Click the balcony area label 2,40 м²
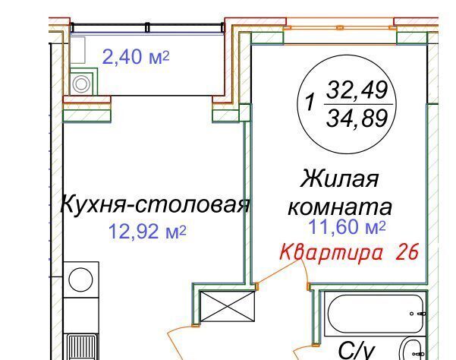point(136,57)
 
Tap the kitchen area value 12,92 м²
point(147,232)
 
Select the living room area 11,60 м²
point(347,227)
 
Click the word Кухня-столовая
point(155,205)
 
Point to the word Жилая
point(340,178)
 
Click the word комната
point(340,207)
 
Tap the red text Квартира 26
point(349,252)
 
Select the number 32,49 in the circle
point(357,90)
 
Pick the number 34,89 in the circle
point(357,118)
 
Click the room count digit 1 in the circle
point(310,103)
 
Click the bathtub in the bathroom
point(376,314)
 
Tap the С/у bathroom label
point(356,352)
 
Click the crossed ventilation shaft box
point(227,306)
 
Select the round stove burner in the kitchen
point(81,279)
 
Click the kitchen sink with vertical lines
point(81,348)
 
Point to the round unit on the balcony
point(81,84)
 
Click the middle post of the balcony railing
point(147,27)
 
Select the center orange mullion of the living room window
point(340,27)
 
